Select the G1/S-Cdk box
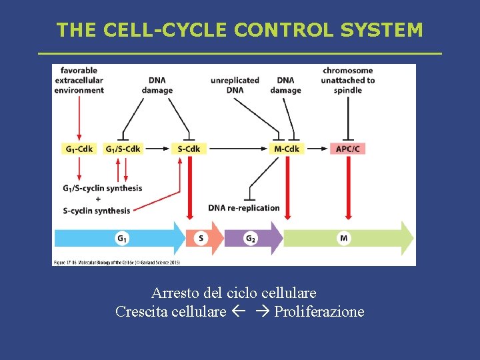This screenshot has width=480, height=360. click(x=123, y=149)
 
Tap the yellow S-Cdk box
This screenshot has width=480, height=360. click(x=189, y=149)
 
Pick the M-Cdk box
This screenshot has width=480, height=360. click(x=287, y=149)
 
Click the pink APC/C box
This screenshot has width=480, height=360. click(x=347, y=149)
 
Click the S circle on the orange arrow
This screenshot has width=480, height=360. click(x=201, y=238)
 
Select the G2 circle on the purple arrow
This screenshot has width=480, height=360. click(x=251, y=238)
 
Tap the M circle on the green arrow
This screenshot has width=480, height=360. click(x=343, y=238)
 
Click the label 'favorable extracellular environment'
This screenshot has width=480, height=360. click(x=79, y=80)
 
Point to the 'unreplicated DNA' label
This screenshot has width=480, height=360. click(x=235, y=85)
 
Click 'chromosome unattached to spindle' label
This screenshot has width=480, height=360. click(x=348, y=80)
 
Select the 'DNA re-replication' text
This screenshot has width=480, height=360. click(x=244, y=208)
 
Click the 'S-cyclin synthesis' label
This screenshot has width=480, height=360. click(x=97, y=211)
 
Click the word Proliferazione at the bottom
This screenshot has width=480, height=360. click(x=319, y=311)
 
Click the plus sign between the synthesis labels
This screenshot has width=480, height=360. click(x=98, y=199)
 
